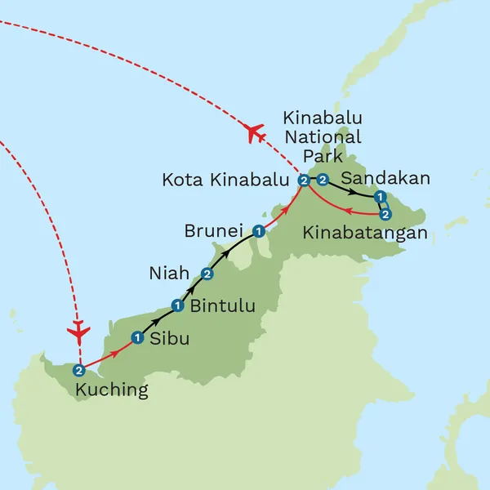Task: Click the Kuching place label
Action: coord(112,390)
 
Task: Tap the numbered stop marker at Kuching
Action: coord(78,369)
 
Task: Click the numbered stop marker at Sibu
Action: coord(137,337)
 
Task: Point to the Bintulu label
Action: coord(222,307)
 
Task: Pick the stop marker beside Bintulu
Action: coord(177,305)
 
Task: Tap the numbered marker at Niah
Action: coord(207,273)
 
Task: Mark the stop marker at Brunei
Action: coord(258,231)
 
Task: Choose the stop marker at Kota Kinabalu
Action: coord(304,180)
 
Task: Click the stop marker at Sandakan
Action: coord(379,198)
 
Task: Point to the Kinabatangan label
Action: coord(365,234)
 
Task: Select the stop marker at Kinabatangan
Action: coord(386,214)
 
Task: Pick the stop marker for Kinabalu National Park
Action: coord(323,180)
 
